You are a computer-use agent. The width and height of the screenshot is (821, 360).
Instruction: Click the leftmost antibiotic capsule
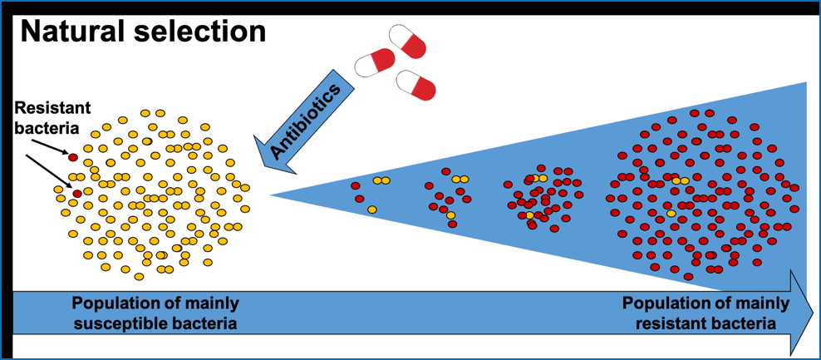click(x=375, y=62)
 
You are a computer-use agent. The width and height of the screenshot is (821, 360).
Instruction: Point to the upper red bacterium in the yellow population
click(x=73, y=157)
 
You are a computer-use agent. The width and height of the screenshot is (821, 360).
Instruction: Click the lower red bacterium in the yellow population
click(x=77, y=194)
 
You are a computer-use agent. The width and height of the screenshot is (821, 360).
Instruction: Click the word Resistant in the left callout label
click(x=53, y=109)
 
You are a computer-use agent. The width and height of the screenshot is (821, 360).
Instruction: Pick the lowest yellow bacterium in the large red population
click(x=671, y=214)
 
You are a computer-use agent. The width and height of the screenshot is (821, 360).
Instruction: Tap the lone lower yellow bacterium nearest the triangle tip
click(x=371, y=210)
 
